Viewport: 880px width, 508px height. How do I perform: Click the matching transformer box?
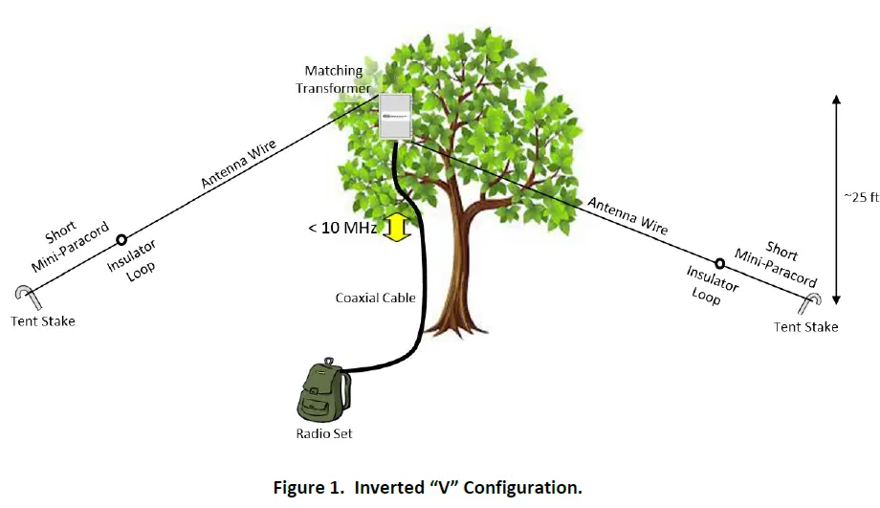click(396, 116)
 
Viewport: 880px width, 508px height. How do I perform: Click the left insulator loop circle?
click(121, 240)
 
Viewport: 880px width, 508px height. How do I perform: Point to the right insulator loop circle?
click(719, 263)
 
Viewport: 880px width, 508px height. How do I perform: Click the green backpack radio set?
click(322, 390)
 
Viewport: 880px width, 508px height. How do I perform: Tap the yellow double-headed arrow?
click(397, 227)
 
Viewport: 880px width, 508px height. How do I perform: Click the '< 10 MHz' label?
click(342, 228)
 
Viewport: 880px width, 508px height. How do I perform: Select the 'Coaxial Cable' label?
click(376, 298)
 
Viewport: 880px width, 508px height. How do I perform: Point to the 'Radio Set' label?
click(324, 433)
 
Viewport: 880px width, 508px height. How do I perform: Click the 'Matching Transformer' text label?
click(334, 79)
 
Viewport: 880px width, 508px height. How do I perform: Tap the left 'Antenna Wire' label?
click(238, 164)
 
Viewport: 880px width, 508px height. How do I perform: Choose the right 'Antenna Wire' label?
click(627, 216)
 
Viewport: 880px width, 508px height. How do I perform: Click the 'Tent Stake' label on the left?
click(43, 321)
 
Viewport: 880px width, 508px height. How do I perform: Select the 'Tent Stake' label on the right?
click(806, 326)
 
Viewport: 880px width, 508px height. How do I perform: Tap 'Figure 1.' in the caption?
click(309, 487)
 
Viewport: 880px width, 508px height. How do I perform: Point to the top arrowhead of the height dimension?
click(836, 99)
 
